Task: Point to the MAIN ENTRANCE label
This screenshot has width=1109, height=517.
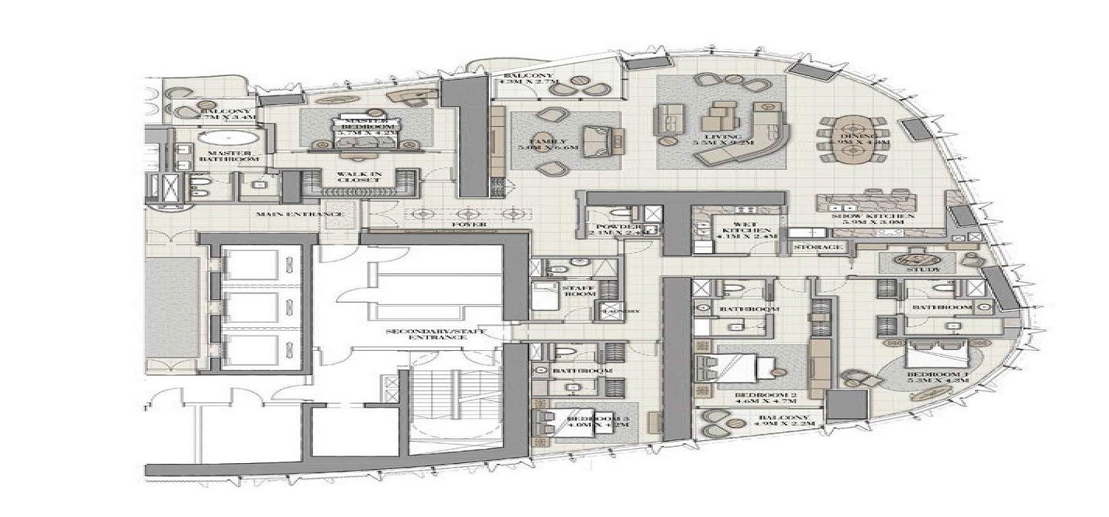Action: (299, 214)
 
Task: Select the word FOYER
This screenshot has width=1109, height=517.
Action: (469, 224)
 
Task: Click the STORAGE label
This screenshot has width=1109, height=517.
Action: (818, 247)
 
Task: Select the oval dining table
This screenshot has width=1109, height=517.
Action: (852, 140)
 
